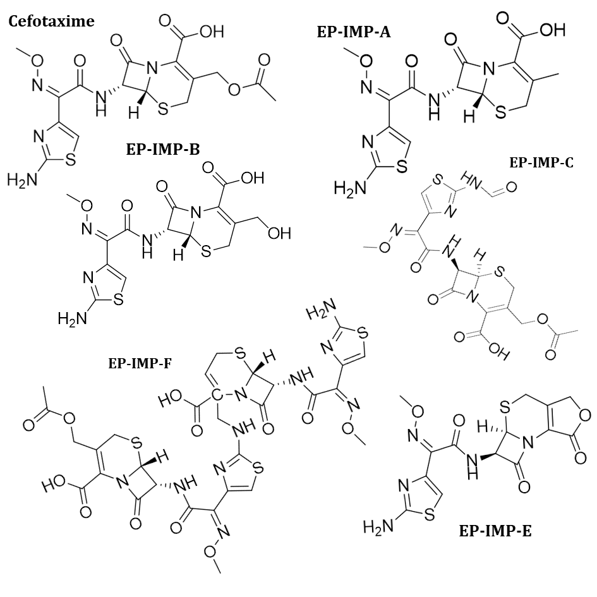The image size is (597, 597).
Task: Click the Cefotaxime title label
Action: (x=51, y=22)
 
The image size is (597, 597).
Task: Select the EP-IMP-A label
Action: (x=354, y=31)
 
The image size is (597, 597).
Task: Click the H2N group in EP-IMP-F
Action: (x=320, y=311)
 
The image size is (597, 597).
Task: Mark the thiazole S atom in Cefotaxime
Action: (x=69, y=159)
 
